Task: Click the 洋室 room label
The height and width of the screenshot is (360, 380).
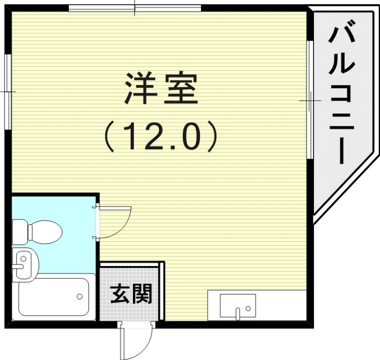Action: pyautogui.click(x=161, y=89)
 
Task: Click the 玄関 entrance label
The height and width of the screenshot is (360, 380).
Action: pyautogui.click(x=131, y=294)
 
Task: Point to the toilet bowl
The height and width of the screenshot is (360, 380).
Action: pyautogui.click(x=46, y=232)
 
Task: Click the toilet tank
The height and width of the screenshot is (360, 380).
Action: pyautogui.click(x=20, y=231)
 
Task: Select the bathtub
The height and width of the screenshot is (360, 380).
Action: pyautogui.click(x=54, y=297)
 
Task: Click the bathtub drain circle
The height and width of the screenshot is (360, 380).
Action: pyautogui.click(x=79, y=297)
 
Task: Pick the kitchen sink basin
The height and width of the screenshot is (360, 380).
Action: pyautogui.click(x=237, y=305)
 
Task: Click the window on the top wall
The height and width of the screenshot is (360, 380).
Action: pyautogui.click(x=135, y=8)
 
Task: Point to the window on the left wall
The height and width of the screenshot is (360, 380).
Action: pyautogui.click(x=8, y=91)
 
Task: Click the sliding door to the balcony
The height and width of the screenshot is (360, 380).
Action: pyautogui.click(x=309, y=100)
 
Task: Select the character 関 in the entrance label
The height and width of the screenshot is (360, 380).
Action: pyautogui.click(x=142, y=294)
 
